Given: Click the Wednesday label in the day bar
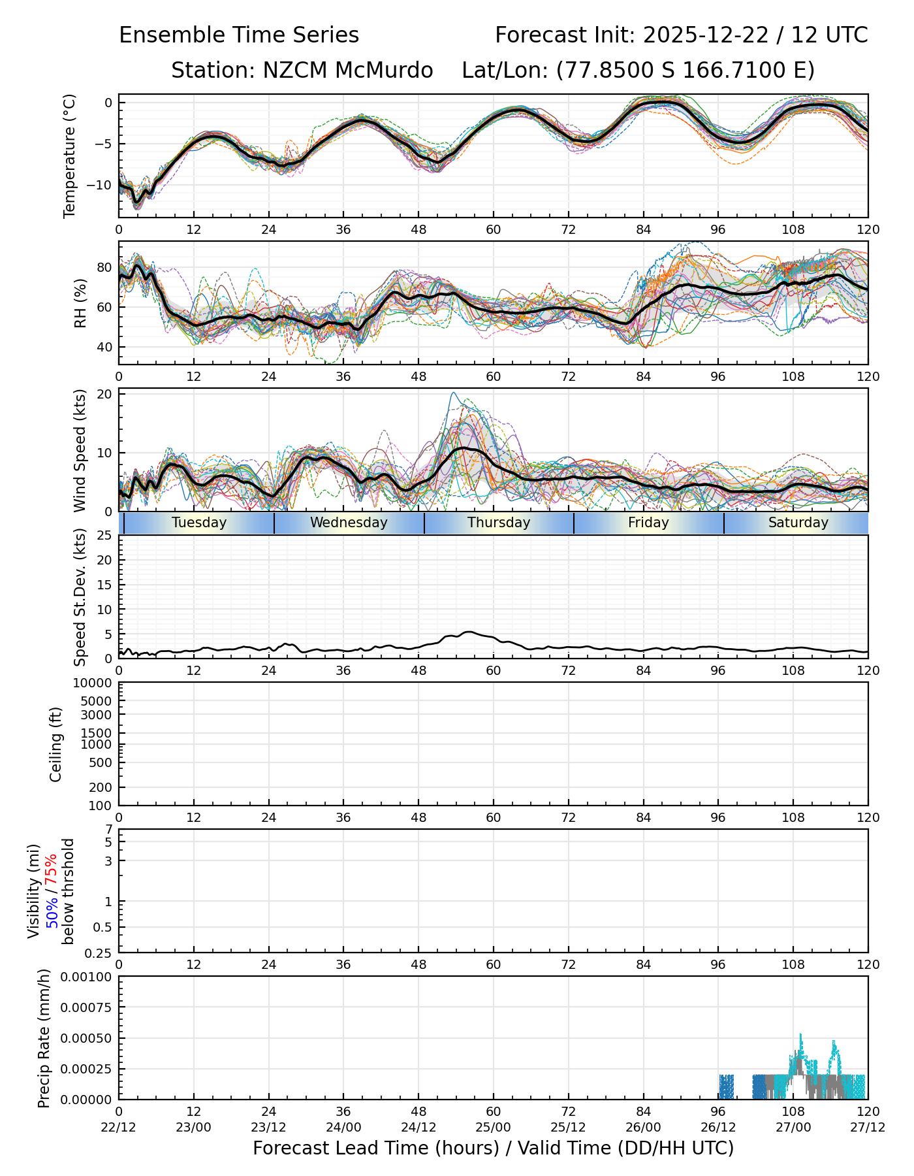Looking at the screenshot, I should (x=349, y=523).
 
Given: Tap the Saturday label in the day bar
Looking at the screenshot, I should (x=798, y=523).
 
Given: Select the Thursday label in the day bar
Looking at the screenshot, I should (x=499, y=523).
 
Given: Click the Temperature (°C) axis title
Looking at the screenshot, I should (x=70, y=155).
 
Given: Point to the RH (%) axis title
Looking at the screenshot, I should (x=80, y=302).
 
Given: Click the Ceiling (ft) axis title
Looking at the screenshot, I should (x=56, y=744).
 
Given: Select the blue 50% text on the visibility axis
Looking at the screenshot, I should (x=52, y=909).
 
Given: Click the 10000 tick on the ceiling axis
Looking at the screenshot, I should (x=93, y=683).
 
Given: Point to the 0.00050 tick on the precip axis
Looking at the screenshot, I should (x=87, y=1038).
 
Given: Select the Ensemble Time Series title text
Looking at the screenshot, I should (x=239, y=35).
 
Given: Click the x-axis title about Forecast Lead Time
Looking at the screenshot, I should (x=493, y=1149).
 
